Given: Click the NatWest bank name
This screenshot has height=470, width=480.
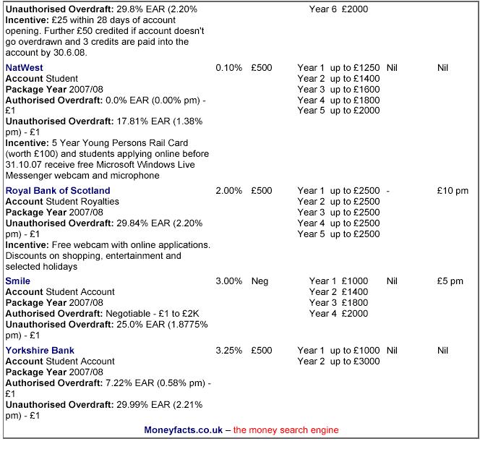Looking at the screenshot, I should pyautogui.click(x=24, y=68).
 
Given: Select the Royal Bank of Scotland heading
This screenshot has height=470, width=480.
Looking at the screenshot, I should pyautogui.click(x=58, y=191).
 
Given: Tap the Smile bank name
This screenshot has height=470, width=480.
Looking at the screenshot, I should pyautogui.click(x=18, y=281).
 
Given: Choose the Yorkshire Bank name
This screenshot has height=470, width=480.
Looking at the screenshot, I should pyautogui.click(x=40, y=351).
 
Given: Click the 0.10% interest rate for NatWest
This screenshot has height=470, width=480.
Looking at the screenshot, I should pyautogui.click(x=228, y=68).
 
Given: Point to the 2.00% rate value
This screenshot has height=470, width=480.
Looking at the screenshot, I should pyautogui.click(x=228, y=191).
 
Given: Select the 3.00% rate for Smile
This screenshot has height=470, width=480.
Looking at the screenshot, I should pyautogui.click(x=228, y=281).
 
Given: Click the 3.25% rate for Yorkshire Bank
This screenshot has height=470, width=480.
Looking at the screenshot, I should pyautogui.click(x=228, y=351).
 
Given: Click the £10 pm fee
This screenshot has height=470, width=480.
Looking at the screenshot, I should pyautogui.click(x=453, y=191).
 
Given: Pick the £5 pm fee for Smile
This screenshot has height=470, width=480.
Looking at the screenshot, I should pyautogui.click(x=450, y=281).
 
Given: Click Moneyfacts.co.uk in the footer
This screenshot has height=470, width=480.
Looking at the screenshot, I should pyautogui.click(x=184, y=430).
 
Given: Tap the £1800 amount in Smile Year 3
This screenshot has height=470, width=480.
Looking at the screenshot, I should pyautogui.click(x=355, y=303).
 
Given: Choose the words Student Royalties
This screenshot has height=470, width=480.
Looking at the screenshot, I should pyautogui.click(x=82, y=202).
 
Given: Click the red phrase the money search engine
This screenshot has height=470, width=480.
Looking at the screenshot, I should pyautogui.click(x=286, y=430).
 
